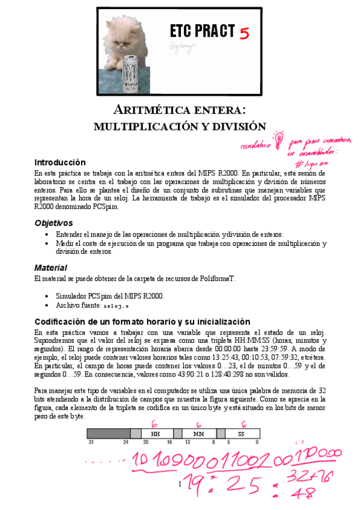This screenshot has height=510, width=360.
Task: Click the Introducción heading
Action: pos(59,162)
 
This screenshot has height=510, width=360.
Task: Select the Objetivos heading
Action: pos(53,223)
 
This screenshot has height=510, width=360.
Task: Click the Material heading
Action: pos(50,267)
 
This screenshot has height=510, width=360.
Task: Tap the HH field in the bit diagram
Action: pos(156,433)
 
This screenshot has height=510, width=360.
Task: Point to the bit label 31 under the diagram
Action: pos(91,442)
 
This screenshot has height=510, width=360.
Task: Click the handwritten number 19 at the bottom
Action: pos(196,482)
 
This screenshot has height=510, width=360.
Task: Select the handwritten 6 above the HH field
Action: pos(154,423)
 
